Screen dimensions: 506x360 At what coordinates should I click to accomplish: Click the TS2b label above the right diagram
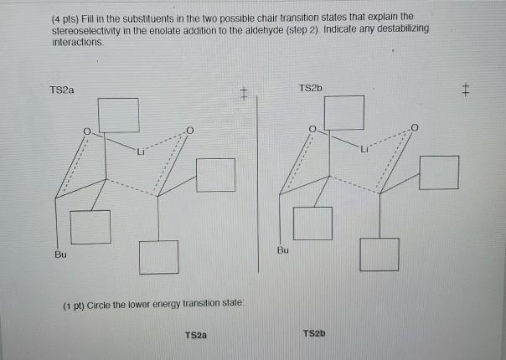pyautogui.click(x=309, y=87)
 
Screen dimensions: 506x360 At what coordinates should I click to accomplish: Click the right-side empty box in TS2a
pyautogui.click(x=217, y=174)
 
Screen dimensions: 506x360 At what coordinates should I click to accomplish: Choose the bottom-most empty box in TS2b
pyautogui.click(x=381, y=255)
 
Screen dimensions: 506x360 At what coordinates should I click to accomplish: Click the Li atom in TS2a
pyautogui.click(x=144, y=152)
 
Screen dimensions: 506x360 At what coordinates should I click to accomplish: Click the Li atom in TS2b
pyautogui.click(x=366, y=151)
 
